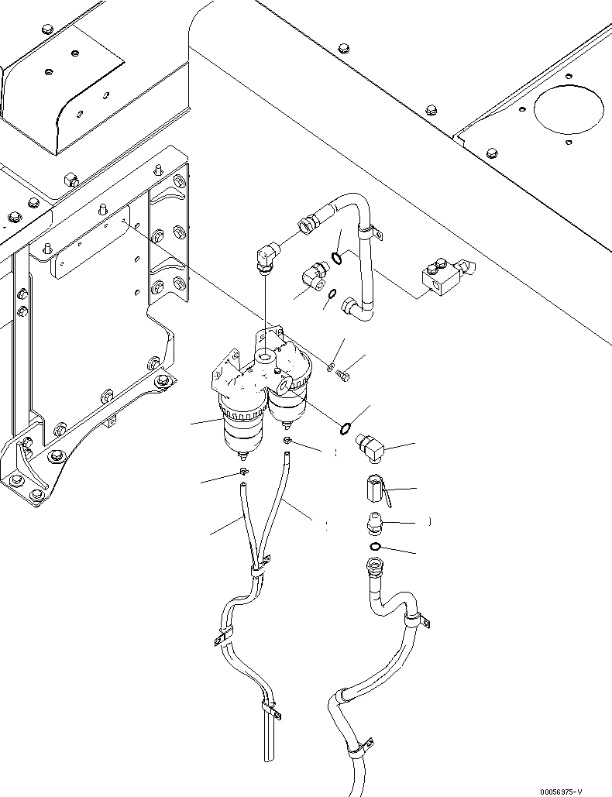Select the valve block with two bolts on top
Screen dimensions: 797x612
click(x=442, y=279)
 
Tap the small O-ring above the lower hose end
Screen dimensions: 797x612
click(x=375, y=548)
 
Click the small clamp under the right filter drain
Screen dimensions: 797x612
click(x=287, y=441)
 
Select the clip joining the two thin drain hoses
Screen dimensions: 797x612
click(x=256, y=572)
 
